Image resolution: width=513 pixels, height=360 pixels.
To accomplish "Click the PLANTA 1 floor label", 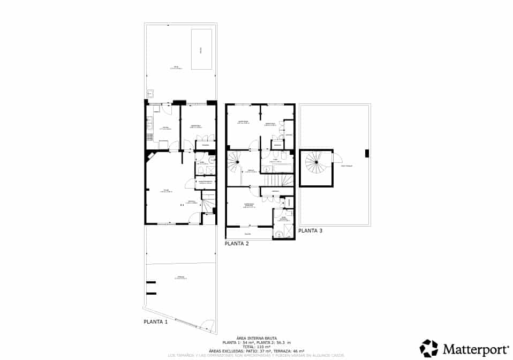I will tap(156, 322).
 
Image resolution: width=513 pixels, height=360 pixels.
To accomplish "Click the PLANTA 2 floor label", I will tap(237, 243).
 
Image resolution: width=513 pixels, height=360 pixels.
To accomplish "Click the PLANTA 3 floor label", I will tap(311, 231).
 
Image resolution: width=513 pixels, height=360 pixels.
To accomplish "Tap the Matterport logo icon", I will tap(429, 348).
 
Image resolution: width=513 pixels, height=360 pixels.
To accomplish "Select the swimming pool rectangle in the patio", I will tap(201, 49).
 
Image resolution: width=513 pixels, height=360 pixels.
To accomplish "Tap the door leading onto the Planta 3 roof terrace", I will tap(337, 158).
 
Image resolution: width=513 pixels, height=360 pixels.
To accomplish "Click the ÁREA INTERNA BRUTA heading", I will tap(256, 338).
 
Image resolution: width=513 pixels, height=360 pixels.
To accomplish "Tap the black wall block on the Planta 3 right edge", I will tap(367, 153).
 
